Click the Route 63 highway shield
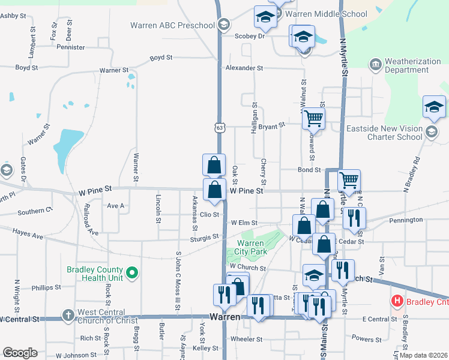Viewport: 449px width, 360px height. coord(220,127)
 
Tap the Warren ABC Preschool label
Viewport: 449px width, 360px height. coord(172,25)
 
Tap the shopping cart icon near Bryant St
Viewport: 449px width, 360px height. coord(313,119)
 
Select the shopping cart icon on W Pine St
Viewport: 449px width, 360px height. coord(349,179)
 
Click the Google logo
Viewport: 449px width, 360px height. coord(20,353)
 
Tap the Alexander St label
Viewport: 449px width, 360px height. coord(244,68)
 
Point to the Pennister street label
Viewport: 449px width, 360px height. coord(70,47)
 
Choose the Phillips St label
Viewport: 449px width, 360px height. coord(46,288)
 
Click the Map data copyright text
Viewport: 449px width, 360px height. coord(423,355)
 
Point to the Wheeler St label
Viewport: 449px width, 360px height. coord(245,339)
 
